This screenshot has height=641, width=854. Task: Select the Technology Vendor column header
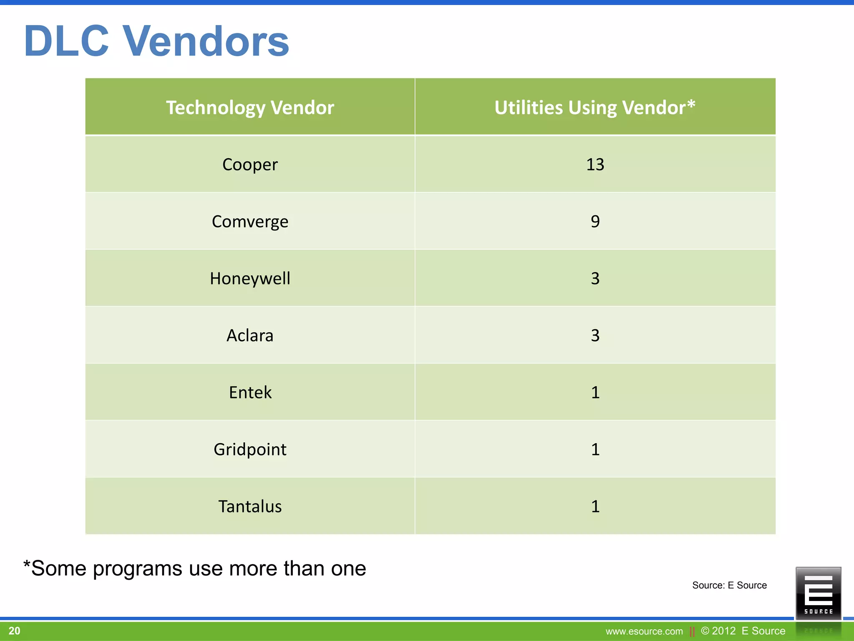[250, 108]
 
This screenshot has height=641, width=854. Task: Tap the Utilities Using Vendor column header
[595, 108]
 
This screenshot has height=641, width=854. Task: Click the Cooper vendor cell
[250, 164]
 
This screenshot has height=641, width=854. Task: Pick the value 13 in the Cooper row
[595, 164]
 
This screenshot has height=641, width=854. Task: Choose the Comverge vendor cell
[250, 222]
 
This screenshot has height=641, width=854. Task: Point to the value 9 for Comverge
[595, 221]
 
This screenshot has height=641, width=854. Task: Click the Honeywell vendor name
[250, 278]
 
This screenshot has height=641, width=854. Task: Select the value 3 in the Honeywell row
[595, 278]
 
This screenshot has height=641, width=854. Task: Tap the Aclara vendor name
[250, 336]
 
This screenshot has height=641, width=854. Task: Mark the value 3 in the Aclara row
[595, 336]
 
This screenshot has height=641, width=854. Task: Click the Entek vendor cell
[250, 392]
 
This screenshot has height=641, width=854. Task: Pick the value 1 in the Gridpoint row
[595, 449]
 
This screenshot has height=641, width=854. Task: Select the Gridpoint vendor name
[250, 449]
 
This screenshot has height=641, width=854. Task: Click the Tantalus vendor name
[250, 506]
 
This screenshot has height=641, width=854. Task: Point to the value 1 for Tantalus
[595, 506]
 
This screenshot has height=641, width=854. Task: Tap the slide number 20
[14, 631]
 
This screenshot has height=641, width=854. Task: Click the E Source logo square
[818, 593]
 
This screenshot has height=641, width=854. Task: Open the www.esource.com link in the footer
[644, 631]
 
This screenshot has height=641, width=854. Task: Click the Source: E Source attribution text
[729, 585]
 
